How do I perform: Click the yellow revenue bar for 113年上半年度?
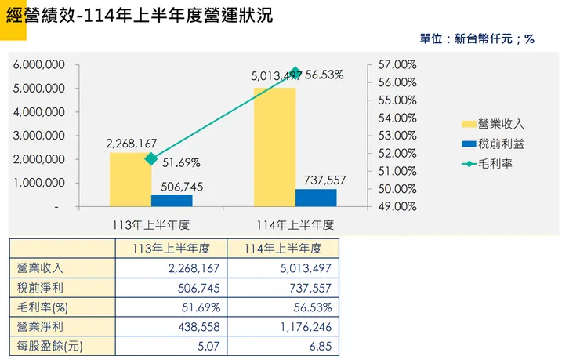[x=130, y=180]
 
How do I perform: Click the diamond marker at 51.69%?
[x=151, y=158]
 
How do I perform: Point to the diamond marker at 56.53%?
[x=295, y=72]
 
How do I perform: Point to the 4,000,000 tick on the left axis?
[x=38, y=112]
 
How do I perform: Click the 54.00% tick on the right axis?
[x=397, y=118]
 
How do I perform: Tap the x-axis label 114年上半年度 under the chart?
[x=295, y=224]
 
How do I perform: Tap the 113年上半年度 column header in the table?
[x=172, y=249]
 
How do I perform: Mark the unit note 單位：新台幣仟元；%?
[x=477, y=38]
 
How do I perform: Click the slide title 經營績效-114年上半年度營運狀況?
[x=140, y=16]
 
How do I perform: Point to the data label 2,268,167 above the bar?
[x=132, y=144]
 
